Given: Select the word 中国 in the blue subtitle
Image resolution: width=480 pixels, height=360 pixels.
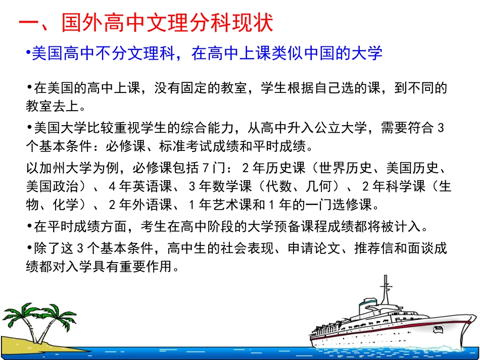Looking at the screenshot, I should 321,54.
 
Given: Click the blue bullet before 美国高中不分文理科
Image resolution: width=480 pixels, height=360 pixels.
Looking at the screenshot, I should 29,53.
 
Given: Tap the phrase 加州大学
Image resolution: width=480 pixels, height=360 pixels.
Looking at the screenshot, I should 67,168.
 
